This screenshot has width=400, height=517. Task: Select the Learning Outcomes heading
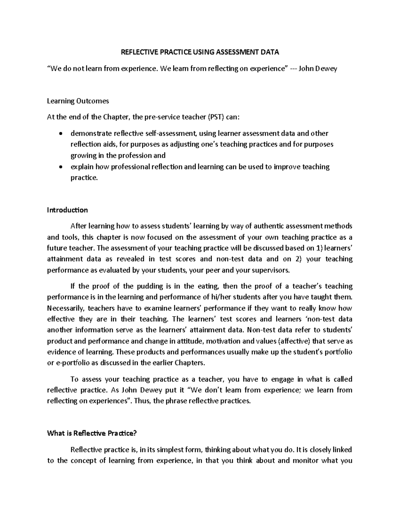click(x=78, y=101)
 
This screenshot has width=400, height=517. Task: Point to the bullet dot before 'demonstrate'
click(x=60, y=134)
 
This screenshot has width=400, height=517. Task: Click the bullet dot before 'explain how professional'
click(x=60, y=167)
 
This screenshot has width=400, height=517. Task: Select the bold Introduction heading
click(x=67, y=210)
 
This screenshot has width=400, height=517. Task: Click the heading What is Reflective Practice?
click(x=92, y=433)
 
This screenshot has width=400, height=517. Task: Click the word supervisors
click(x=272, y=270)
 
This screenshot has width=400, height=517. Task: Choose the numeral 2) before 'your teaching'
click(x=298, y=259)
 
